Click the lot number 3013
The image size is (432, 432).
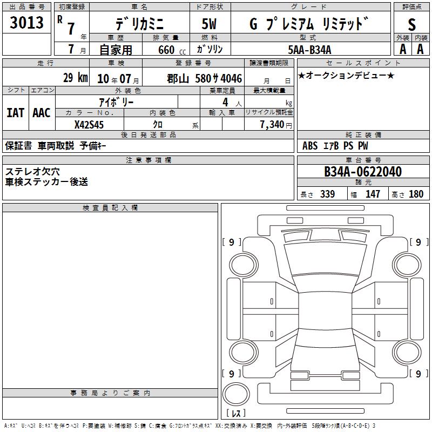click(x=26, y=22)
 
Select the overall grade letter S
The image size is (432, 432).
click(x=411, y=24)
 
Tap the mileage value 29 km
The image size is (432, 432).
click(x=76, y=78)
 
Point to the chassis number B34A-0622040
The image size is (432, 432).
click(x=363, y=172)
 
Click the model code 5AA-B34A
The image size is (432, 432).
click(x=309, y=50)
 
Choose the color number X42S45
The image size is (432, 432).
click(x=89, y=125)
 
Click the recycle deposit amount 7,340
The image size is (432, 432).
click(x=272, y=125)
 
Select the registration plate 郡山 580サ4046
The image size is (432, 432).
click(x=205, y=78)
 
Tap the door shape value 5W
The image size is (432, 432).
click(x=209, y=24)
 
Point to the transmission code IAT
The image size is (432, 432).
click(x=16, y=113)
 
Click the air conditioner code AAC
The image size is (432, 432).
click(x=42, y=113)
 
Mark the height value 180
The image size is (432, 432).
click(x=416, y=194)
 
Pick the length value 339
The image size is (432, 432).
click(x=327, y=194)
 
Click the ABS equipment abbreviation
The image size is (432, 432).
click(x=310, y=146)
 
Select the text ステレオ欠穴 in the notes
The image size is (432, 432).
click(x=32, y=172)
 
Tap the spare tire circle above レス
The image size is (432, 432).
click(x=236, y=394)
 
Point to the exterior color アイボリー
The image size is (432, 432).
click(x=116, y=103)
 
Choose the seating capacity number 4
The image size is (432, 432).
click(x=225, y=102)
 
